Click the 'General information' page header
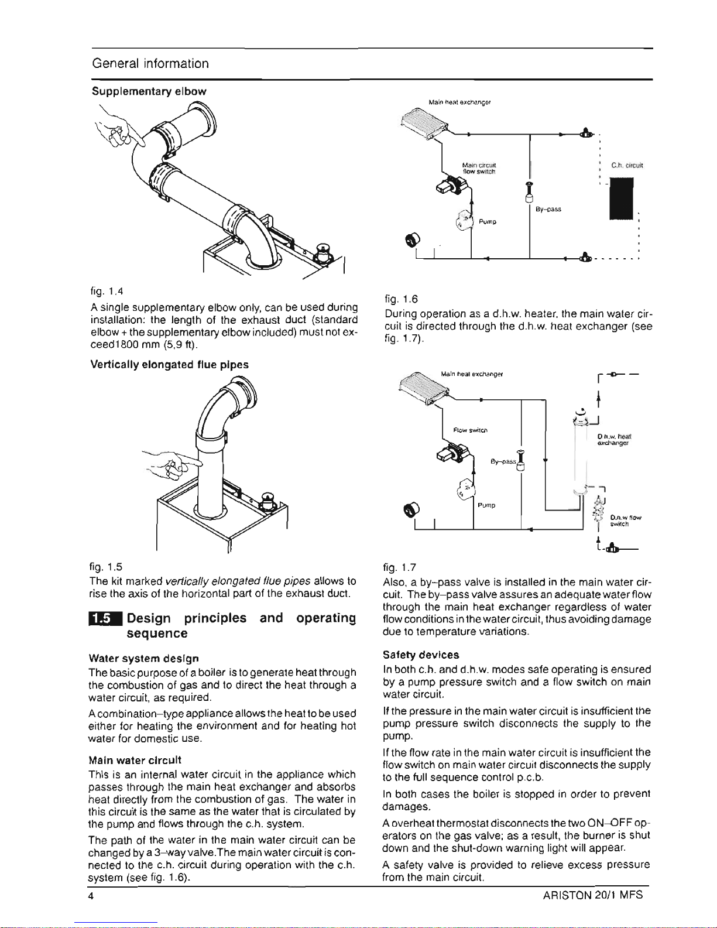point(150,63)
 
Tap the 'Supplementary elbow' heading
point(149,91)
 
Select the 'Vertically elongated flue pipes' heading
point(170,364)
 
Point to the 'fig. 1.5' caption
point(106,567)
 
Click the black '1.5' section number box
point(105,619)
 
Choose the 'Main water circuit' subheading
point(135,760)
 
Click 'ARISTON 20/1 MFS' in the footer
point(593,895)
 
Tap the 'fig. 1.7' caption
point(400,567)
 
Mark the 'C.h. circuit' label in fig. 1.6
point(627,165)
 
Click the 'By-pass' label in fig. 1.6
point(548,209)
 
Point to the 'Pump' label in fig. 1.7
point(486,505)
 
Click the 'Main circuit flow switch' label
point(479,169)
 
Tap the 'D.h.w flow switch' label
point(625,520)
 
